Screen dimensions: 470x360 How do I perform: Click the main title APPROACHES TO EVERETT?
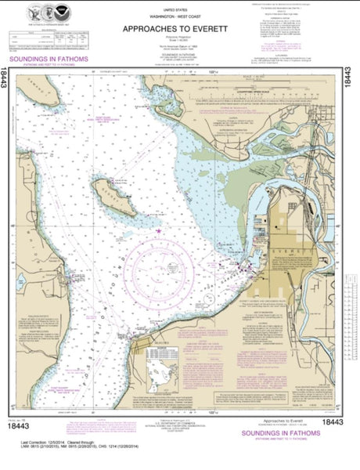coord(166,29)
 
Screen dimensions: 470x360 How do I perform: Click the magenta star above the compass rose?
coord(159,230)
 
